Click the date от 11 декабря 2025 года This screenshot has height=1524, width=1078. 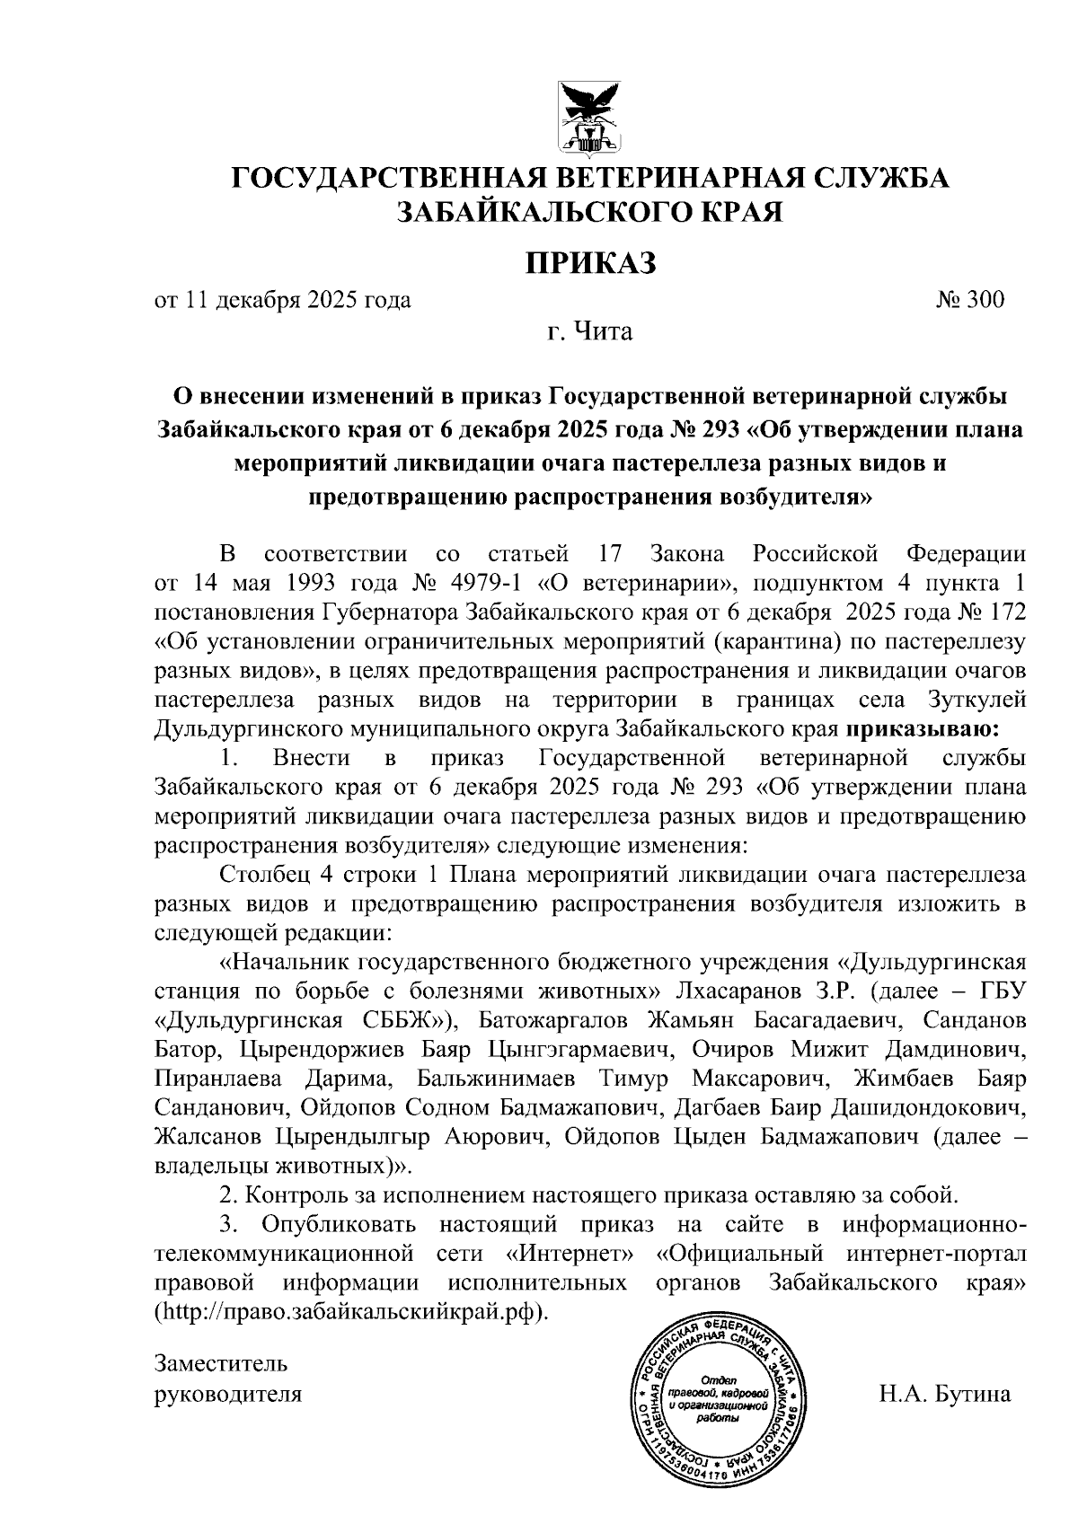click(x=284, y=299)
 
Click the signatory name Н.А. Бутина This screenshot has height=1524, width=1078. click(x=945, y=1395)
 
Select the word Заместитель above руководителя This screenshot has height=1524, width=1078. click(x=221, y=1363)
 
